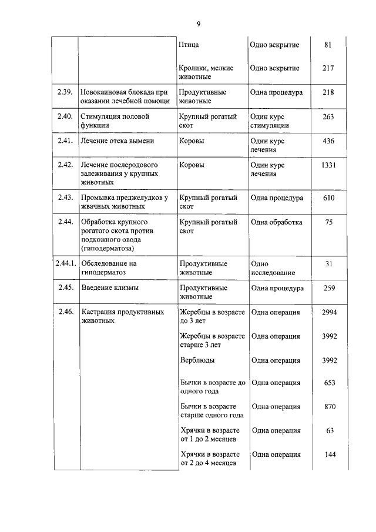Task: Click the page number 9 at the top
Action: pyautogui.click(x=199, y=24)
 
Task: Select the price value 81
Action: pyautogui.click(x=328, y=45)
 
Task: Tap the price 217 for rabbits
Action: pyautogui.click(x=328, y=68)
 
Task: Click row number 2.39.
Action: pyautogui.click(x=65, y=92)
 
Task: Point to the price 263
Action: pyautogui.click(x=328, y=117)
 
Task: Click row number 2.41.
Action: pyautogui.click(x=65, y=141)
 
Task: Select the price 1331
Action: pyautogui.click(x=328, y=165)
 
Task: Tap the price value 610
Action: pyautogui.click(x=328, y=198)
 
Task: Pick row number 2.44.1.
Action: pyautogui.click(x=63, y=264)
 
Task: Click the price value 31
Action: pyautogui.click(x=328, y=264)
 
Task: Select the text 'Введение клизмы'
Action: pyautogui.click(x=110, y=289)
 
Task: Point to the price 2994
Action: pyautogui.click(x=328, y=313)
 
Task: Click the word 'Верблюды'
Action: pyautogui.click(x=197, y=360)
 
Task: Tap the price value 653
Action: pyautogui.click(x=328, y=383)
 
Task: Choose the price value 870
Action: pyautogui.click(x=328, y=407)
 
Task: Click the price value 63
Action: pyautogui.click(x=328, y=431)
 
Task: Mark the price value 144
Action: pyautogui.click(x=328, y=454)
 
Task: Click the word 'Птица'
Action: pyautogui.click(x=189, y=45)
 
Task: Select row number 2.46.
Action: pyautogui.click(x=65, y=313)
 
